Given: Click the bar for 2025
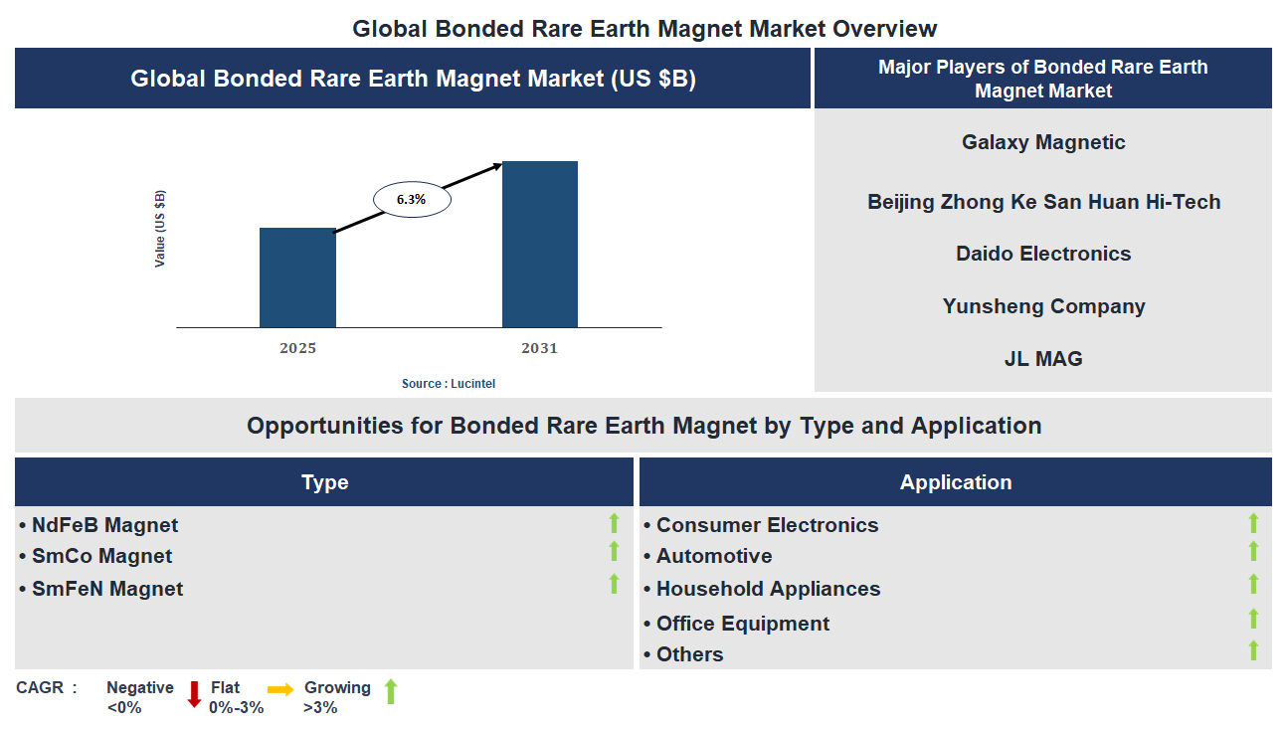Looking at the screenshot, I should pos(297,277).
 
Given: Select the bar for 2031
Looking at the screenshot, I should pos(539,245).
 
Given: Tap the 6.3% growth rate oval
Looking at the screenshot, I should pos(412,200).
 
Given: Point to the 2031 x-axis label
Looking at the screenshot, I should pos(539,349).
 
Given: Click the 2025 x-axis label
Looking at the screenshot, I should pos(297,349).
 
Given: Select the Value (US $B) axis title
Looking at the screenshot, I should pos(160,229).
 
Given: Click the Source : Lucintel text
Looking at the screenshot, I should pos(448,384).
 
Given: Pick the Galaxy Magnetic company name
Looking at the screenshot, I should pos(1043,142).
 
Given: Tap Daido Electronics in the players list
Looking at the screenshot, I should pos(1043,254).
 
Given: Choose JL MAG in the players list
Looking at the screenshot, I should pos(1043,359).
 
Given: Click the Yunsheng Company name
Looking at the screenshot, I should pos(1043,306).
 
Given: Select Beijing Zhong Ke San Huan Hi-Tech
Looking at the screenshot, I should pos(1043,202).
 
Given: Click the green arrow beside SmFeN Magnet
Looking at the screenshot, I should pos(615,584).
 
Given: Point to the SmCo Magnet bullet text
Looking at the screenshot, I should pos(101,556).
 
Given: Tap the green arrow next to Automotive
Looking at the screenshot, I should pos(1253,551).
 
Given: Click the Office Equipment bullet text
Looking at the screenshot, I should pos(742,624).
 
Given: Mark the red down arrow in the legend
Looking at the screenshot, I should pos(194,693).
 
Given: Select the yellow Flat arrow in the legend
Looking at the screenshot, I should pos(280,689).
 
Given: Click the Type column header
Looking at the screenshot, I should pos(324,482).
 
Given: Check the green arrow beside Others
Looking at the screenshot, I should pos(1253,650).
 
